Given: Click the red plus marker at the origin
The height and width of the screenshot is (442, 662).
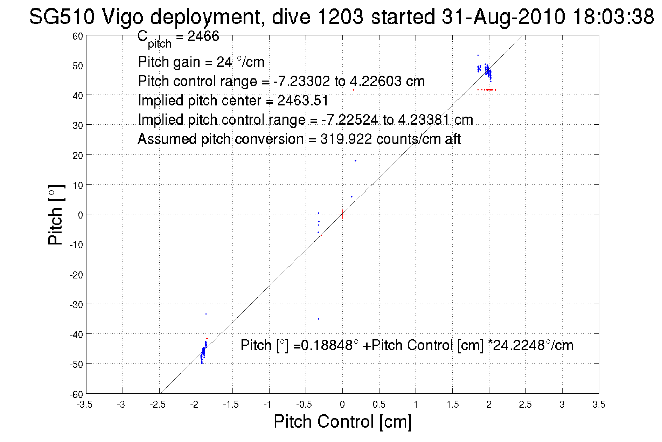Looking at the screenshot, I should tap(342, 214).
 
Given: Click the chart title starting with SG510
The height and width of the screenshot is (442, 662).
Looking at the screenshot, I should tap(341, 16).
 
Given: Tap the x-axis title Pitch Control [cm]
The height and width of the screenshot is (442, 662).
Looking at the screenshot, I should tap(342, 421).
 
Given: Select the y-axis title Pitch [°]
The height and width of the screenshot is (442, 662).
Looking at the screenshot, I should tap(56, 215).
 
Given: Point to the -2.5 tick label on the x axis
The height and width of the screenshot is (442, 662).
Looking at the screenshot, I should tap(158, 405).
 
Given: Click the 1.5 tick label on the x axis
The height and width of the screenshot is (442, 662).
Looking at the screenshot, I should tap(452, 405).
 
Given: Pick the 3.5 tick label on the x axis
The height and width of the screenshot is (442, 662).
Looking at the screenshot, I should tap(599, 405).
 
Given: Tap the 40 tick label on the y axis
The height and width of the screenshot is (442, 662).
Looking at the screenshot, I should tap(77, 95).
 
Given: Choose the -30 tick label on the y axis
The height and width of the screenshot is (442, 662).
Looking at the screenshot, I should tap(76, 304).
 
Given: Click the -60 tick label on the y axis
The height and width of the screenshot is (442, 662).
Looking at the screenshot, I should tap(76, 394).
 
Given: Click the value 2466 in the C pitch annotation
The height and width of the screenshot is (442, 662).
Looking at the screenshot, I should tap(203, 36).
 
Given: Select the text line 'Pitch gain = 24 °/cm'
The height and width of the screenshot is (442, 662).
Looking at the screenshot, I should tap(201, 62).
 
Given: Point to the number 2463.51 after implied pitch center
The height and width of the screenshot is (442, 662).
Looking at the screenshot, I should tap(303, 101).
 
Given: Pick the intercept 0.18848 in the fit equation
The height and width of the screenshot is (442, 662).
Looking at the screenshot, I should tap(327, 345).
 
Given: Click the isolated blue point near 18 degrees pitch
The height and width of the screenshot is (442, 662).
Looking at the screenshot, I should tap(355, 161).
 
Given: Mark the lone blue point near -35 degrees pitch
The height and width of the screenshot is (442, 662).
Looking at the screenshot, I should tap(318, 319).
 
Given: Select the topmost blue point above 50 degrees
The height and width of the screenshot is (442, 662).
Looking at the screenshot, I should tap(478, 55).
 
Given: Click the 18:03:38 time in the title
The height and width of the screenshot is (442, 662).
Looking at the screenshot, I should tap(613, 16).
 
